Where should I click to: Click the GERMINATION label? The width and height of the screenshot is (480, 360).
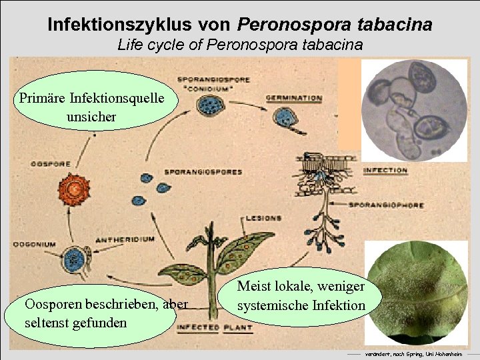click(294, 98)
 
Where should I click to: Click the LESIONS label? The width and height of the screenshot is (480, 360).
click(263, 218)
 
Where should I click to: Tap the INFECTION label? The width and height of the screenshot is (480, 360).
click(385, 170)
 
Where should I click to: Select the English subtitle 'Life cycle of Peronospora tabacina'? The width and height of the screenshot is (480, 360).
click(240, 45)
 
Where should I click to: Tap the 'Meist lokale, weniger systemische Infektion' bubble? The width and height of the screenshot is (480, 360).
click(301, 297)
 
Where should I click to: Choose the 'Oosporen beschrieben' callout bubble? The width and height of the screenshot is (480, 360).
click(103, 313)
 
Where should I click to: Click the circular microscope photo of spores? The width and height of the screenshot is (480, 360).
click(413, 110)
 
